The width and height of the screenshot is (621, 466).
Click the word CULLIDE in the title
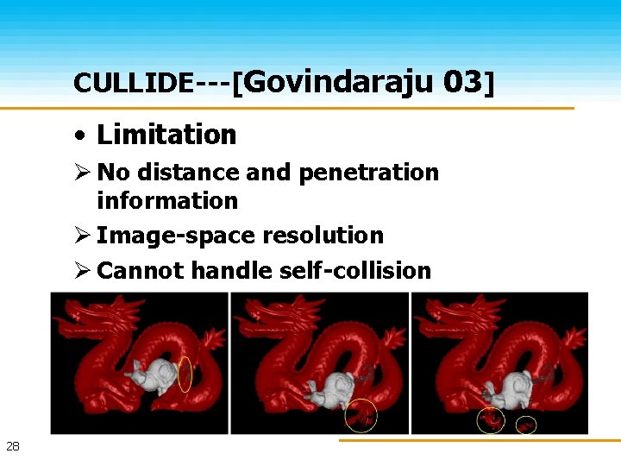click(134, 83)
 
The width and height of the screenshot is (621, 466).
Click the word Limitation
click(166, 135)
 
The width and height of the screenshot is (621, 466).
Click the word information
click(167, 200)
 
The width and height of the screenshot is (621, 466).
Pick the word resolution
click(323, 235)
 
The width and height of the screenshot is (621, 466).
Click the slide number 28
click(13, 446)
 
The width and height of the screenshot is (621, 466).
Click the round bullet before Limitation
click(79, 135)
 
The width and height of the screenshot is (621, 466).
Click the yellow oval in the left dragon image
click(185, 374)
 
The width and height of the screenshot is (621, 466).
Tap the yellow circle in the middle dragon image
click(361, 415)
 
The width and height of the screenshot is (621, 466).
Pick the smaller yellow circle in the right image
click(526, 425)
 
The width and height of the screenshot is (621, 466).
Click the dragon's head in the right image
click(444, 324)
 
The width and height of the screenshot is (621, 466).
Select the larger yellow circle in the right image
click(492, 420)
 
